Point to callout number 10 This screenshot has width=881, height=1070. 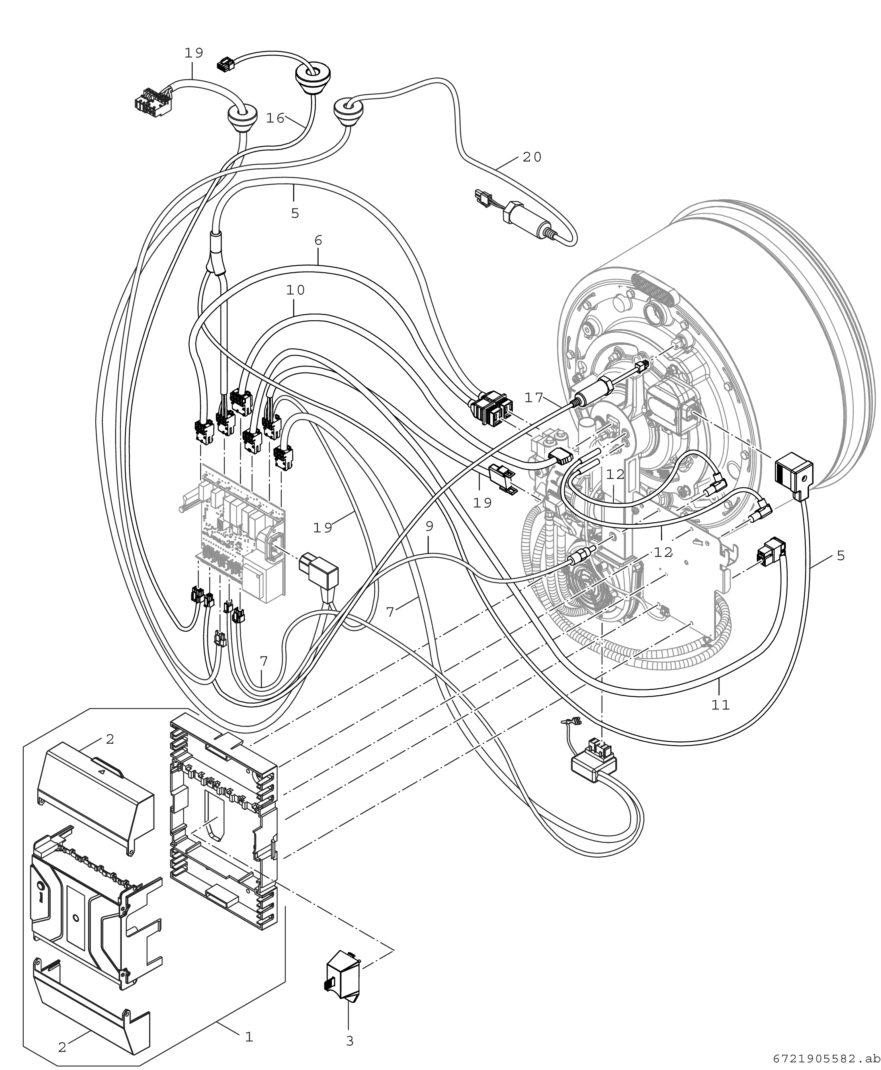click(x=295, y=290)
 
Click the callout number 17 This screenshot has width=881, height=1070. click(x=534, y=398)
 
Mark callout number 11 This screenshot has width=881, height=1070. click(x=721, y=705)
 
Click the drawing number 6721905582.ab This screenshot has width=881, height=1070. click(x=826, y=1059)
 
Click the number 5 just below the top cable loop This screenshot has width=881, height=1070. click(x=295, y=213)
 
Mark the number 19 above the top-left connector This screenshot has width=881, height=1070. click(x=194, y=53)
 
